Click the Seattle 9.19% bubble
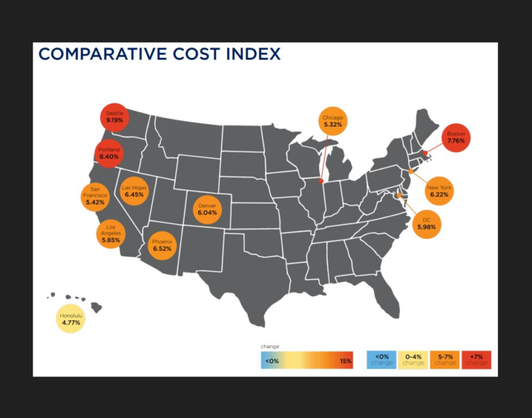(x=115, y=117)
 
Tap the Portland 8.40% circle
(x=109, y=154)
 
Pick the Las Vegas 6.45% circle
(x=134, y=192)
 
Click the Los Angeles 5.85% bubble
(x=111, y=233)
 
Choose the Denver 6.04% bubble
(x=207, y=208)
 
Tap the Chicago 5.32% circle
(x=333, y=121)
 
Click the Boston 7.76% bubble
(x=456, y=137)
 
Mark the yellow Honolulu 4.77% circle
(x=71, y=319)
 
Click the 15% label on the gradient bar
(x=345, y=361)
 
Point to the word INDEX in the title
(x=250, y=54)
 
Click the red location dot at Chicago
(x=321, y=182)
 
